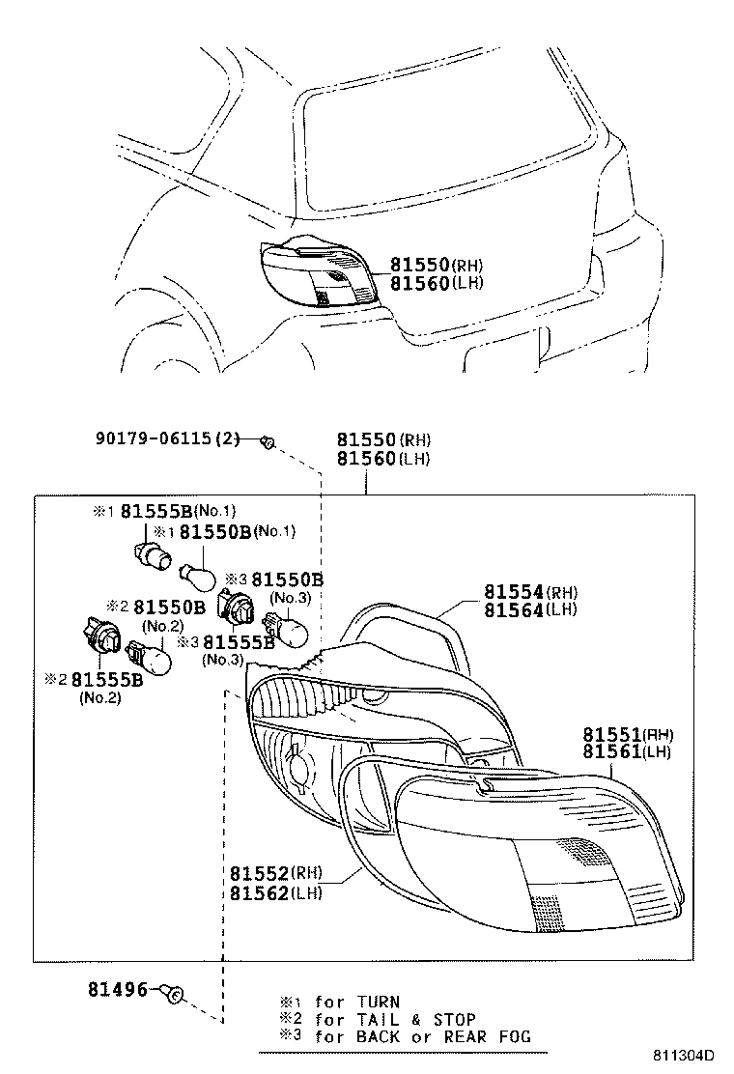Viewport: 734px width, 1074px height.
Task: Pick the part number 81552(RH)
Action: pos(275,873)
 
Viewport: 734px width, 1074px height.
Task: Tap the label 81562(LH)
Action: pos(275,892)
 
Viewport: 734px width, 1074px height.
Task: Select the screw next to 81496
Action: pos(175,992)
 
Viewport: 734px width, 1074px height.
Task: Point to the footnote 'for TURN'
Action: pos(356,1003)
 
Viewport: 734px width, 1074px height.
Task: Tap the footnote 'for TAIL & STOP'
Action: pos(395,1020)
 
